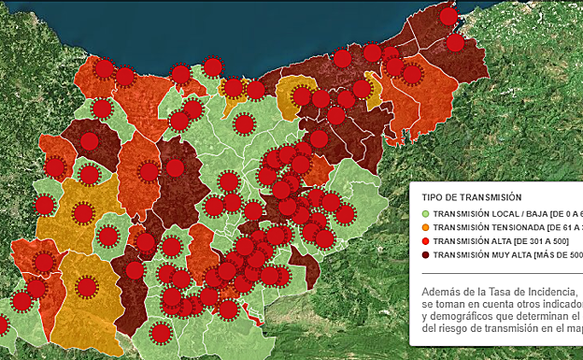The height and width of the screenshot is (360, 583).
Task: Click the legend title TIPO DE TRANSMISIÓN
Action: coord(471,197)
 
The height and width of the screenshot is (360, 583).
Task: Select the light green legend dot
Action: coord(425,214)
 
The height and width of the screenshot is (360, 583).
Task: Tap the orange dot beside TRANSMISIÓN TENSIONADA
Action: coord(425,227)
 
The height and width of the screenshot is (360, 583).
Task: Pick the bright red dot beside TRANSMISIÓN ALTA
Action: coord(425,240)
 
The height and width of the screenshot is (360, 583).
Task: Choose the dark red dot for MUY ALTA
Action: coord(425,253)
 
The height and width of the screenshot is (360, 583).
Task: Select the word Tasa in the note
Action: coord(501,292)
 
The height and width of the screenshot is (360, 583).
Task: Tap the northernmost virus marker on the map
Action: coord(449,17)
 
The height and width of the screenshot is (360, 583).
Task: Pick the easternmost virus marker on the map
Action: coord(456,43)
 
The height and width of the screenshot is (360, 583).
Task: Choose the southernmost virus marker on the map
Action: coord(161,332)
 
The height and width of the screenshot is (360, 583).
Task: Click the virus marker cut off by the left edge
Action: coord(3,325)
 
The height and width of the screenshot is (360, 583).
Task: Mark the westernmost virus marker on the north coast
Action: coord(105,69)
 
